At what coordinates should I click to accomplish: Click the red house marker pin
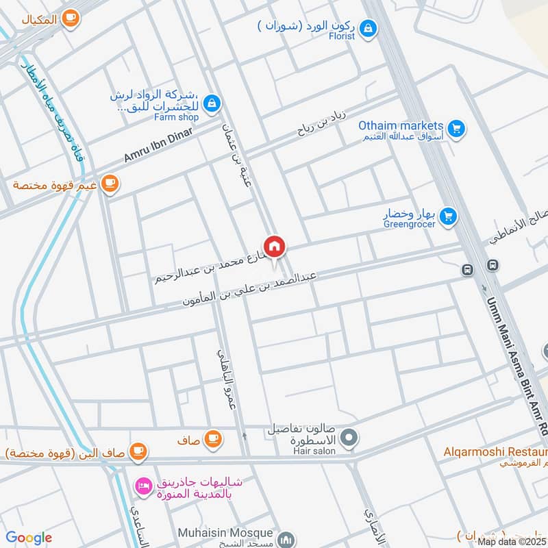click(x=274, y=245)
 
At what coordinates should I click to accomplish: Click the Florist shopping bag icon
click(x=369, y=27)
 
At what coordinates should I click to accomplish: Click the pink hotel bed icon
click(x=143, y=487)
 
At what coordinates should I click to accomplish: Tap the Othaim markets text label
click(x=401, y=125)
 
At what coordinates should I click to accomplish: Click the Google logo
click(x=29, y=538)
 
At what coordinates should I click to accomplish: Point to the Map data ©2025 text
click(x=512, y=541)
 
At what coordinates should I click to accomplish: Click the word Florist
click(x=340, y=36)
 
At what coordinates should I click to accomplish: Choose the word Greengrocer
click(x=409, y=224)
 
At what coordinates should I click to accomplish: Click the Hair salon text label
click(x=312, y=451)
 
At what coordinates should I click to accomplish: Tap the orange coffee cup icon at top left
click(x=69, y=19)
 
